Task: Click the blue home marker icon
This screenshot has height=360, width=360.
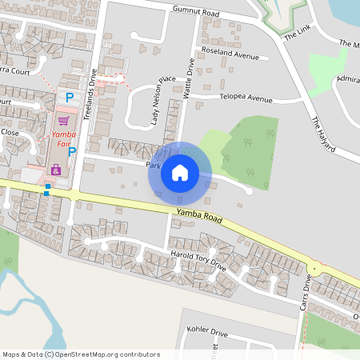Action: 179,172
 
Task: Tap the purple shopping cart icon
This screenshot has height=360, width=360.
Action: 63,121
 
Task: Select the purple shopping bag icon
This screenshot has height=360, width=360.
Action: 55,170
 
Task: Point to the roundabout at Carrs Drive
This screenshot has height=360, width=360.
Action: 315,268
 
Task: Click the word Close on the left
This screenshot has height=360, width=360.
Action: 10,132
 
